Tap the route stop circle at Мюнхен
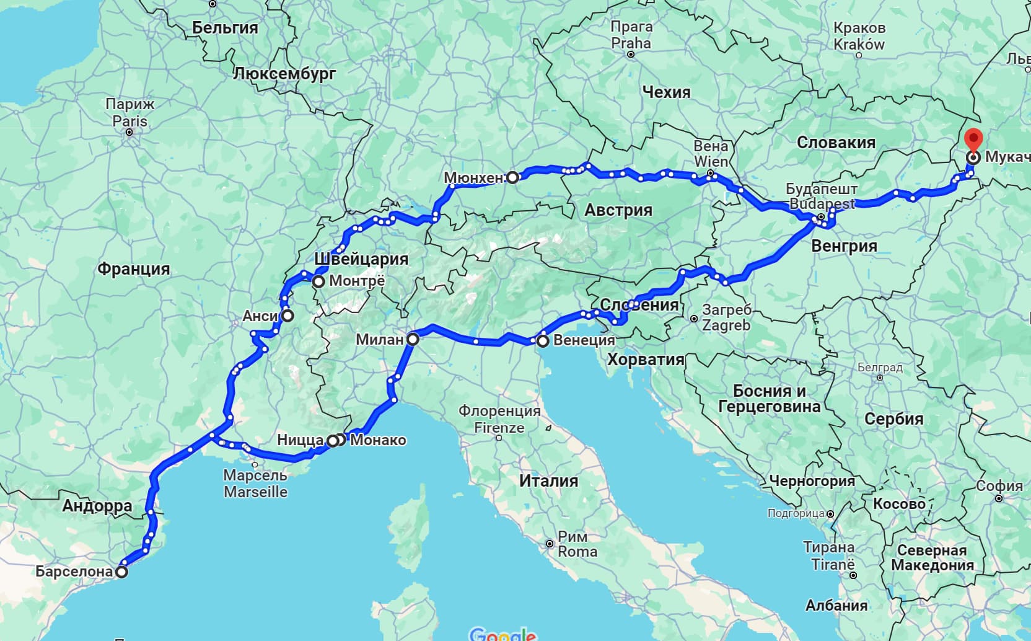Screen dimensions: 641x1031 click(x=513, y=178)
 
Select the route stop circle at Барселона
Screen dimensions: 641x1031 click(x=122, y=572)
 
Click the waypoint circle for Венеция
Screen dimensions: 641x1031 click(x=543, y=341)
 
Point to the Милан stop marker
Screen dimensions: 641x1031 click(x=413, y=339)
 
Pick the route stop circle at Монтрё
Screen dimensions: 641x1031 click(x=318, y=282)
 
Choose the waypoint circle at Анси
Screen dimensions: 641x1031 click(x=288, y=316)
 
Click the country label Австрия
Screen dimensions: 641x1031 click(x=618, y=210)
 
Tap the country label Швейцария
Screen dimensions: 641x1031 click(x=361, y=259)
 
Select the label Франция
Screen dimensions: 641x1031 click(x=133, y=269)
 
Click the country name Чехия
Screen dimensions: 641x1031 click(x=666, y=92)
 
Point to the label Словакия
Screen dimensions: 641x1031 click(x=836, y=143)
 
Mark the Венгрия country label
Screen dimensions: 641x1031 click(x=844, y=246)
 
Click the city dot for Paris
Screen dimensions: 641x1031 click(x=129, y=132)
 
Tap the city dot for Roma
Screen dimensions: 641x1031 click(x=549, y=544)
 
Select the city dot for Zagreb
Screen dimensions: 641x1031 click(x=694, y=319)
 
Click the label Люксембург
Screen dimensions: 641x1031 click(x=284, y=74)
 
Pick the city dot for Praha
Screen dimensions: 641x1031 click(x=631, y=55)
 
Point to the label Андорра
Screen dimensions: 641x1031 click(x=97, y=506)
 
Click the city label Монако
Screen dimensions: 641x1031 click(x=378, y=440)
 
